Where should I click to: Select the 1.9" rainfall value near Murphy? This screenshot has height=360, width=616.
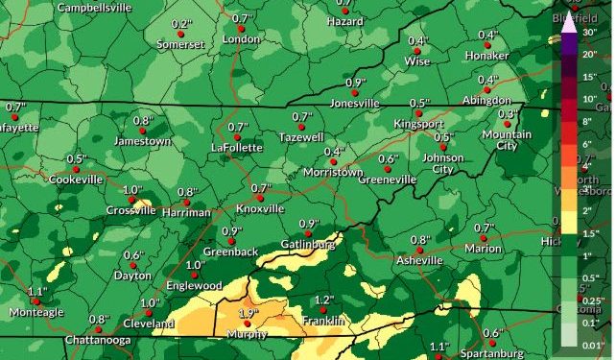pyautogui.click(x=249, y=314)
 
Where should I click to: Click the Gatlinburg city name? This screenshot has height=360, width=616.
pyautogui.click(x=307, y=245)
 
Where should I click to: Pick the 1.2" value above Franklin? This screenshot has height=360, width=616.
pyautogui.click(x=324, y=300)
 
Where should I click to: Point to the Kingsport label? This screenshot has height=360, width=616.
pyautogui.click(x=419, y=124)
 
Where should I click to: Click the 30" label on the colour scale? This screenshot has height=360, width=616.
pyautogui.click(x=589, y=32)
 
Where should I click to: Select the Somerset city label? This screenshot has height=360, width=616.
pyautogui.click(x=180, y=44)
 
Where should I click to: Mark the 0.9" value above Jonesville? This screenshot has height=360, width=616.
pyautogui.click(x=355, y=83)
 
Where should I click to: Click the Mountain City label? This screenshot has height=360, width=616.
pyautogui.click(x=506, y=140)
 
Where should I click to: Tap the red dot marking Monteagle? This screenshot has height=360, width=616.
pyautogui.click(x=36, y=301)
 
